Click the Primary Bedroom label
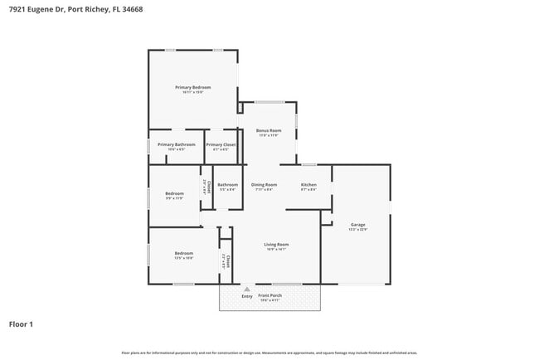click(192, 87)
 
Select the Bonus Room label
click(268, 131)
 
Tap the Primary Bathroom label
click(176, 144)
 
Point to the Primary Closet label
click(221, 144)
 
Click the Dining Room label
click(264, 184)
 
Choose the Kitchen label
click(308, 184)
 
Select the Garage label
click(358, 225)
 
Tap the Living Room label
click(276, 244)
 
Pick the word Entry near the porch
click(246, 296)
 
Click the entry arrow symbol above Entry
click(246, 289)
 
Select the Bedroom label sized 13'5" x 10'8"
click(183, 253)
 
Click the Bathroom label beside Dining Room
click(227, 184)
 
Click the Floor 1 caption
click(21, 324)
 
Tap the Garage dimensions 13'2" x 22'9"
click(358, 230)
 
